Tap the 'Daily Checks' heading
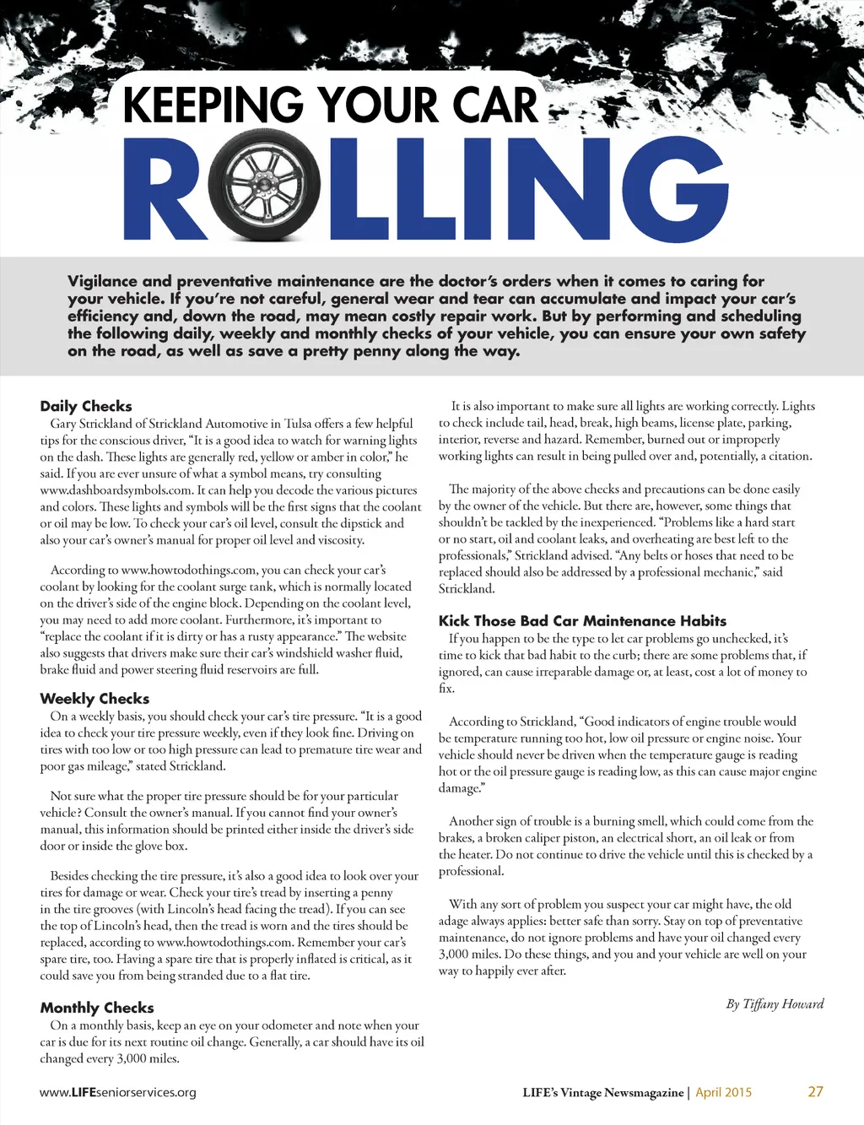coord(86,406)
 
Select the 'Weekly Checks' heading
coord(94,698)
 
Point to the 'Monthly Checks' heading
coord(97,1008)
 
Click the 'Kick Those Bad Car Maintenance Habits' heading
coord(582,620)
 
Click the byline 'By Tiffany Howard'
coord(775,1003)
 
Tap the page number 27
coord(815,1091)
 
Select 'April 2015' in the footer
coord(723,1092)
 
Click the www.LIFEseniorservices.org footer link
coord(118,1092)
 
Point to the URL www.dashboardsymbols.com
coord(116,490)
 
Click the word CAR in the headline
coord(494,105)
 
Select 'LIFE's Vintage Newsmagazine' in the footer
coord(602,1092)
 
